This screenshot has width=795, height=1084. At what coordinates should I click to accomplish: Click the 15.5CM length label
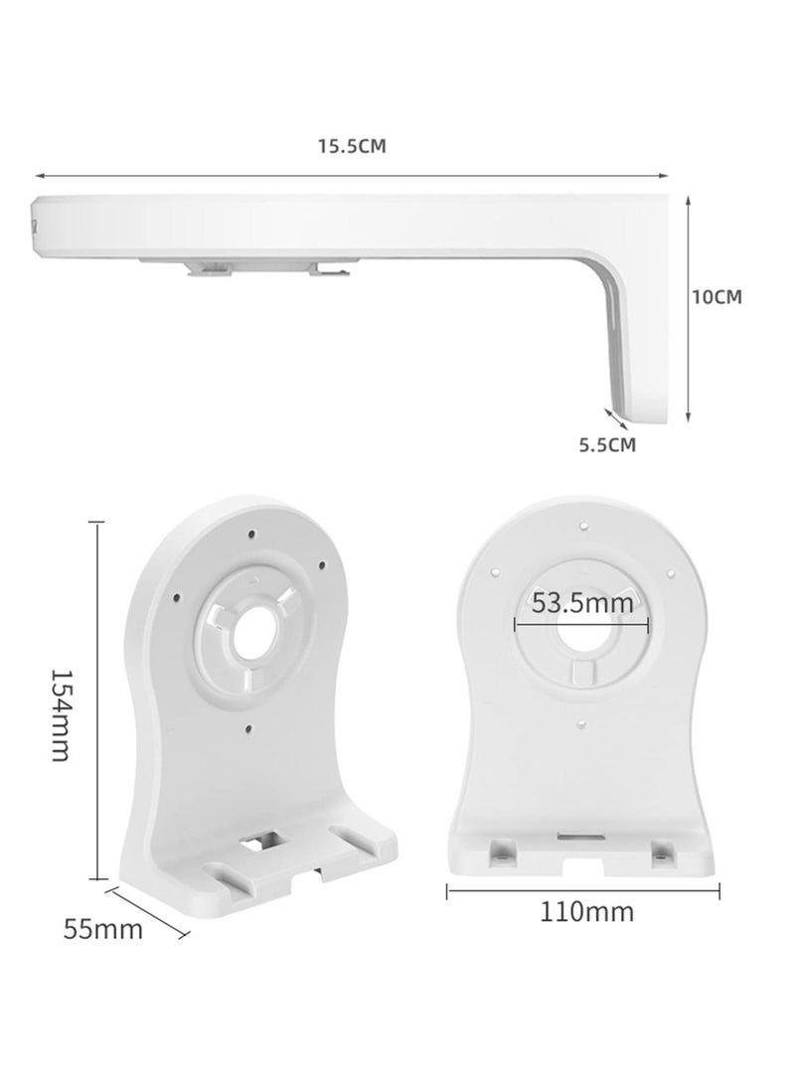pos(351,146)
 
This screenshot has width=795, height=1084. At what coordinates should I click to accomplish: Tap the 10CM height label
pos(717,296)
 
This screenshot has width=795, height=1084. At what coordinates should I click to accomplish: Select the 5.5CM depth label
pos(607,444)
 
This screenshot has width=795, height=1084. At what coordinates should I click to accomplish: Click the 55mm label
pos(102,930)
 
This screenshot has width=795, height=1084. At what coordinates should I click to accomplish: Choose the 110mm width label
pos(586,910)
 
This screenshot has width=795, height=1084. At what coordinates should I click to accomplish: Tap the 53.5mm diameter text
pos(581,602)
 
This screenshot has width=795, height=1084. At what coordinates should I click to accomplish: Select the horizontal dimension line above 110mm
pos(585,890)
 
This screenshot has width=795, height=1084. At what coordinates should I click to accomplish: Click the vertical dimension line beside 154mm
pos(96,699)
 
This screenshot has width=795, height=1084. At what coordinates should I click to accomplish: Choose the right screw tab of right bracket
pos(659,850)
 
